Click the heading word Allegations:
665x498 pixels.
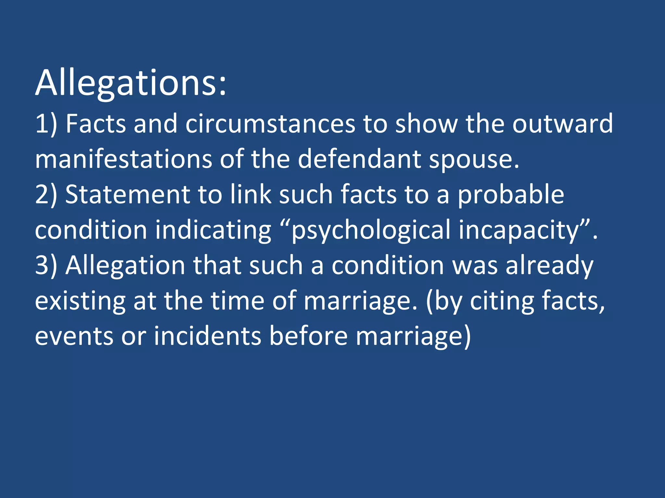pos(131,84)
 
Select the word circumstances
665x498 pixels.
pos(270,124)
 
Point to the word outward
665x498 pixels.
pos(562,124)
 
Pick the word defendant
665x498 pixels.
pos(359,159)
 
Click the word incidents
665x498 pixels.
pos(207,336)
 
